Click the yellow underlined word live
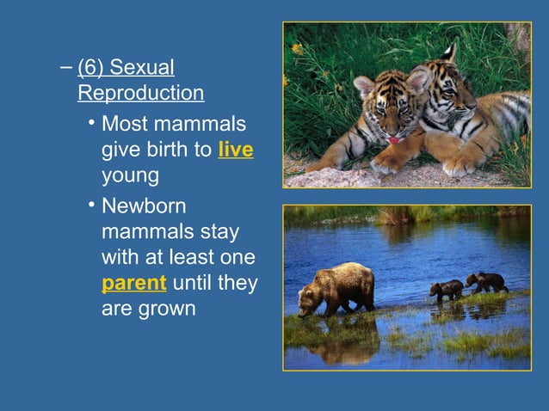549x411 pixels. [236, 150]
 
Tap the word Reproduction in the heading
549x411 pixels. [140, 93]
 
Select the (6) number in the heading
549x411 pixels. [90, 68]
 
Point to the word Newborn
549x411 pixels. [143, 207]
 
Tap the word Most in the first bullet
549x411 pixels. [126, 125]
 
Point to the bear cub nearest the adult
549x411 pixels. [447, 290]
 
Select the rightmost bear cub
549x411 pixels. [486, 282]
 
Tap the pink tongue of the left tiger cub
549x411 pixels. [392, 139]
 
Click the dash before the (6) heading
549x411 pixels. [66, 68]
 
